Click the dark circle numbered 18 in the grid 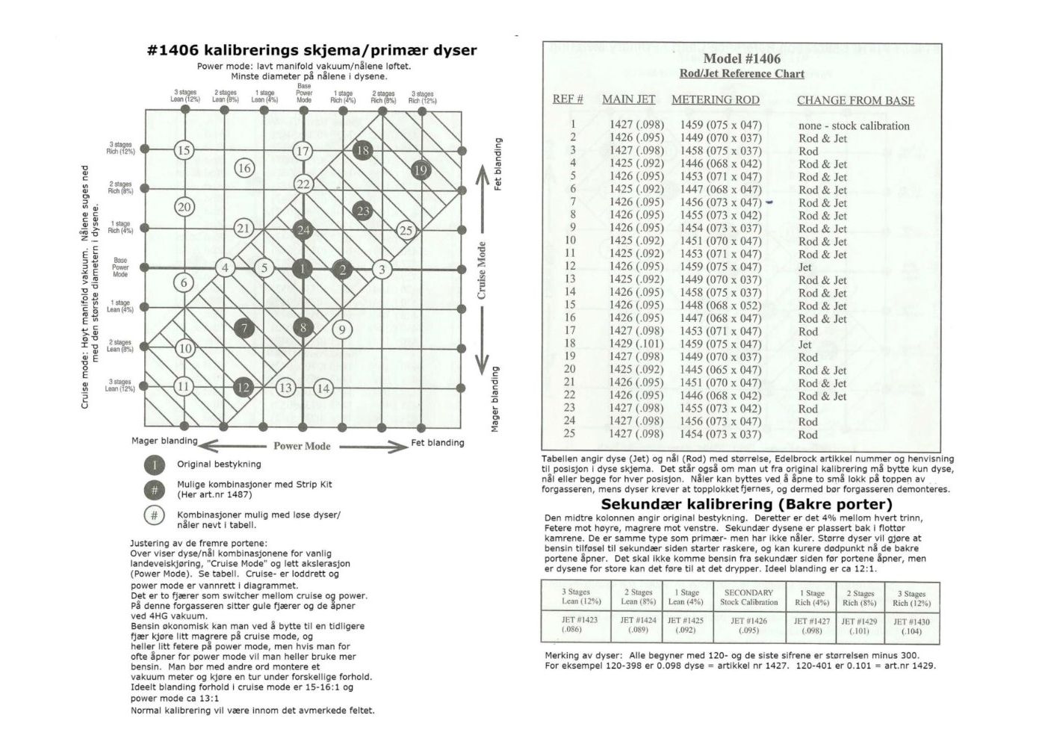[x=362, y=150]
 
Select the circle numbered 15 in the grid [x=184, y=150]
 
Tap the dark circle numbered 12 [x=243, y=387]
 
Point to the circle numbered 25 [x=406, y=230]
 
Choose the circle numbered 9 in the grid [x=341, y=329]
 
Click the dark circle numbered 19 [x=421, y=170]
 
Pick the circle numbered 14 [x=323, y=388]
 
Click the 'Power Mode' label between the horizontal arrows [x=302, y=446]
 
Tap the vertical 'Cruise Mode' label [x=482, y=270]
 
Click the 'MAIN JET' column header [x=628, y=99]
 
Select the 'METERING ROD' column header [x=715, y=99]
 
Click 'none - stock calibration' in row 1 [x=854, y=125]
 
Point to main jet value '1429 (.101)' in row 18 [x=636, y=344]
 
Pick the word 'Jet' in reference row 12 [x=804, y=267]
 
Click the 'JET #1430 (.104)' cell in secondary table [x=911, y=626]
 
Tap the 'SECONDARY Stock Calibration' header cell [x=748, y=597]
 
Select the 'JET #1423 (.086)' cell [x=580, y=624]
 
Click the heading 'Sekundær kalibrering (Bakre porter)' [x=746, y=504]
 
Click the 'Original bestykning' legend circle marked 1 [x=154, y=465]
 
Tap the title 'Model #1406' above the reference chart [x=742, y=59]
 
